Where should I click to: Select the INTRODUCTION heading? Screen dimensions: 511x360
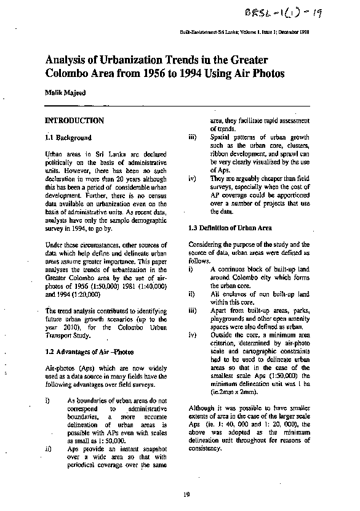tap(74, 121)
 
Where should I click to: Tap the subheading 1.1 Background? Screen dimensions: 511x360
tap(69, 138)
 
